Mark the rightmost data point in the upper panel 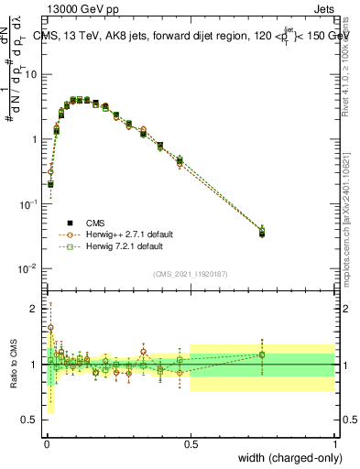pos(263,233)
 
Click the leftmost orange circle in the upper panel pos(50,171)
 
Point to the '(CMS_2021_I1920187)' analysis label pos(191,273)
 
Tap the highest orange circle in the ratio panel pos(50,327)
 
